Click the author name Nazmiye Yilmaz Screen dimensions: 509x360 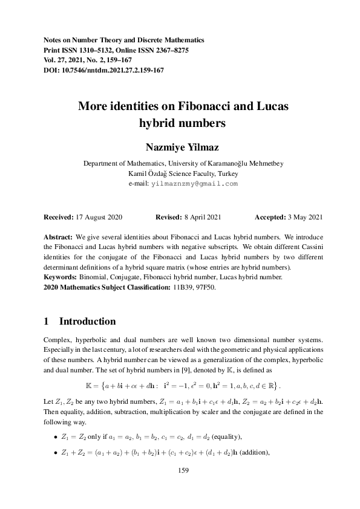(180, 148)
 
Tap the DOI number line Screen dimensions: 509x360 (104, 70)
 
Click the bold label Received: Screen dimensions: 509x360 (62, 216)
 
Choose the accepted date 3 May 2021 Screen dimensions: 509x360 (304, 216)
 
